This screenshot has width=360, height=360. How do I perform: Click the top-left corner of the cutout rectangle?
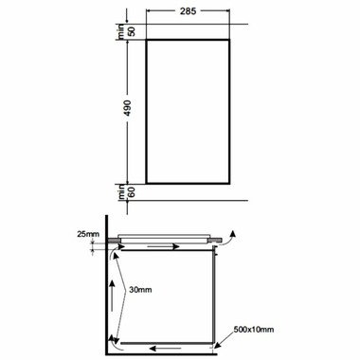pos(147,41)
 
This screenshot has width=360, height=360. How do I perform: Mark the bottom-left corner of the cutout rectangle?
pos(147,181)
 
